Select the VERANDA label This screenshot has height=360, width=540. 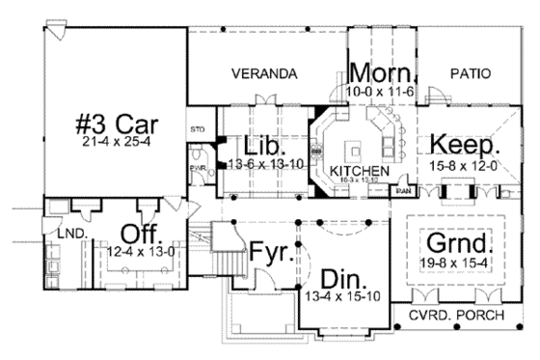(x=263, y=73)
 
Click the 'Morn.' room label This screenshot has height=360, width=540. (x=382, y=73)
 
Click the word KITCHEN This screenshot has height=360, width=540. (x=358, y=171)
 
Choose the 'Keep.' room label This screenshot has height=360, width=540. (x=465, y=147)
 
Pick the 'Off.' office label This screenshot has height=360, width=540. (x=140, y=235)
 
